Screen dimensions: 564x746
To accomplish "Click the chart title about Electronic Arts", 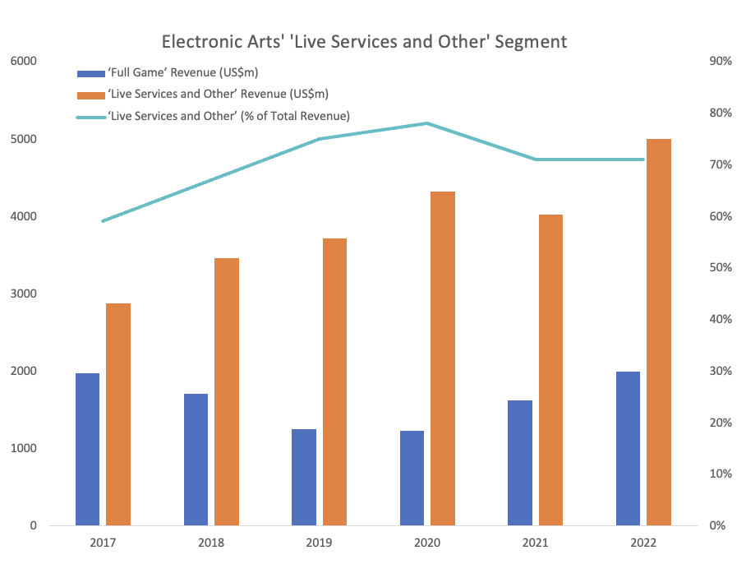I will pyautogui.click(x=364, y=41).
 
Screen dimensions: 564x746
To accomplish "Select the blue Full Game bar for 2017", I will pyautogui.click(x=87, y=449).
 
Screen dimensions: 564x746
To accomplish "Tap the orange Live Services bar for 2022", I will pyautogui.click(x=658, y=332).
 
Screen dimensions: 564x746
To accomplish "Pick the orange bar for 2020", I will pyautogui.click(x=443, y=358).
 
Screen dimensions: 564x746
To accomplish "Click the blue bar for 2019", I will pyautogui.click(x=303, y=477).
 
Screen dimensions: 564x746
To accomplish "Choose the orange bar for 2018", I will pyautogui.click(x=227, y=391).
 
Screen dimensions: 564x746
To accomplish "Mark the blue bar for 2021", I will pyautogui.click(x=520, y=463).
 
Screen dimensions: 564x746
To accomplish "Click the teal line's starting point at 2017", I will pyautogui.click(x=103, y=221).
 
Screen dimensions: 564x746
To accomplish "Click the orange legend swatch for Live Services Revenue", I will pyautogui.click(x=90, y=95).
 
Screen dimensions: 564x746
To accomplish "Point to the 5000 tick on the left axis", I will pyautogui.click(x=24, y=139).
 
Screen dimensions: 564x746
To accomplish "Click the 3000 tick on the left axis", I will pyautogui.click(x=24, y=294).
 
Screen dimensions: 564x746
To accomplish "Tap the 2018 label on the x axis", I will pyautogui.click(x=211, y=543).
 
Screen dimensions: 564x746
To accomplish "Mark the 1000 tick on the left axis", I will pyautogui.click(x=24, y=448).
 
